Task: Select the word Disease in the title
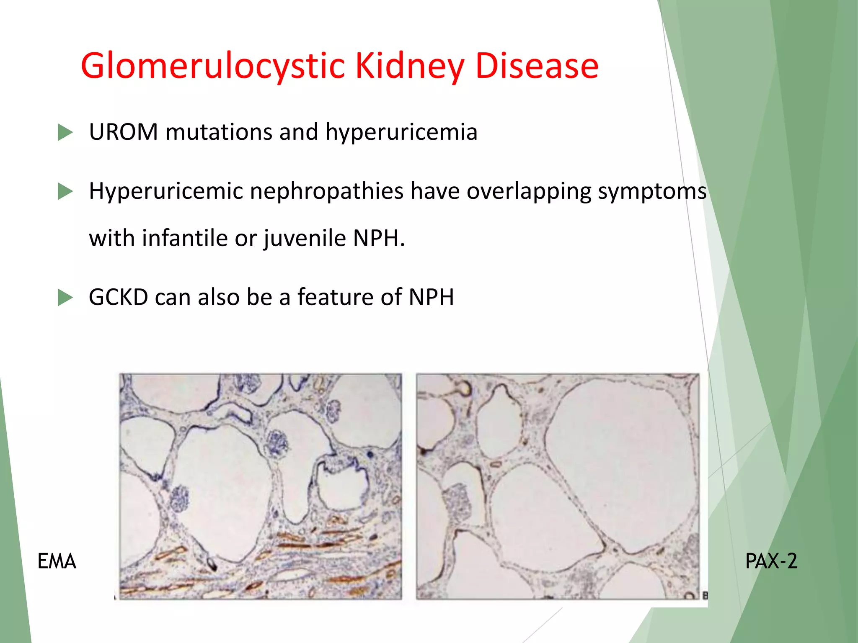click(537, 66)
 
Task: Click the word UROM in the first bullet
click(124, 132)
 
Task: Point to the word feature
click(335, 297)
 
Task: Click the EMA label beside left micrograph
click(57, 561)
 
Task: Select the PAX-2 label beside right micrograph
click(771, 561)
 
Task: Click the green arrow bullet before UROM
click(65, 132)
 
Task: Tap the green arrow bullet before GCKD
click(65, 298)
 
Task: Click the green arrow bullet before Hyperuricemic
click(65, 192)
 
